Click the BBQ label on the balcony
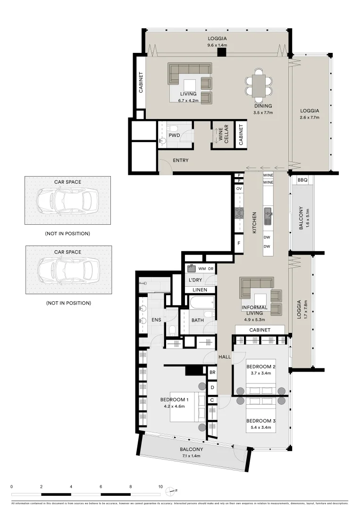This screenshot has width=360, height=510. tap(301, 180)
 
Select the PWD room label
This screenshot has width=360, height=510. tap(174, 136)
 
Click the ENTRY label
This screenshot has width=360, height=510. tap(180, 161)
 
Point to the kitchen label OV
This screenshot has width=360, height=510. tap(239, 188)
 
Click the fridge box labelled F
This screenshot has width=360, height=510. tap(239, 243)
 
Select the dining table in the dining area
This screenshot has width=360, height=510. tap(259, 85)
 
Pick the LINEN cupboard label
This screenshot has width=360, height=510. tap(200, 289)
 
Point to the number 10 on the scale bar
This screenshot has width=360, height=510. tap(160, 486)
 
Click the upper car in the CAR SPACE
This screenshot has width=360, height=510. tap(67, 200)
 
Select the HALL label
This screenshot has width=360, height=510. tap(225, 357)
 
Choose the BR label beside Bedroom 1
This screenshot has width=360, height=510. tap(212, 372)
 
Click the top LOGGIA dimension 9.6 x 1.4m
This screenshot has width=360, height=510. tap(217, 45)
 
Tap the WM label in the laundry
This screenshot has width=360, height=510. tap(202, 269)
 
